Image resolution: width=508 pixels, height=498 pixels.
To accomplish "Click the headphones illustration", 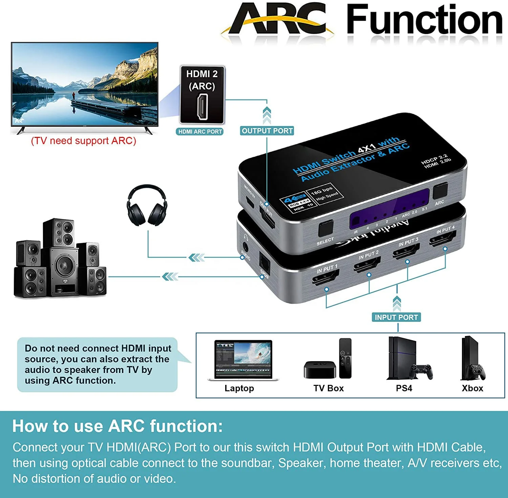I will coord(147,205).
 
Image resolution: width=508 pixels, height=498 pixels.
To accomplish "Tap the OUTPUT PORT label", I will coord(267,131).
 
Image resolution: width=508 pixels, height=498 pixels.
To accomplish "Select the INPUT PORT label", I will coord(396,317).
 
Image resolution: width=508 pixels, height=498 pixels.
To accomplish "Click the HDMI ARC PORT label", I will coord(200,131).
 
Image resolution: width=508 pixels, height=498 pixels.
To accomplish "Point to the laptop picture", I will coord(243,360).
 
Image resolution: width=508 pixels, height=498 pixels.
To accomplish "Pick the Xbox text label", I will coord(472,388).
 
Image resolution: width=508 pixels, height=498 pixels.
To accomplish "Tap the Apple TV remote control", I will coord(345,358).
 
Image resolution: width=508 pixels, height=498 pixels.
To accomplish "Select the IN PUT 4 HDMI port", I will coord(443,238).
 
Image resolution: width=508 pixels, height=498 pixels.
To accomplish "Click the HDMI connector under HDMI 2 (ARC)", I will coord(202,106).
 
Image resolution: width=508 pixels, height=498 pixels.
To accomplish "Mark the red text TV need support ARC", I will coord(83,141).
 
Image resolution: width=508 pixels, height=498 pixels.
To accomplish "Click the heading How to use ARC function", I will coord(118,426).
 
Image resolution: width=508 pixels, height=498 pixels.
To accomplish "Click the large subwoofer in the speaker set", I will coord(63,271).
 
